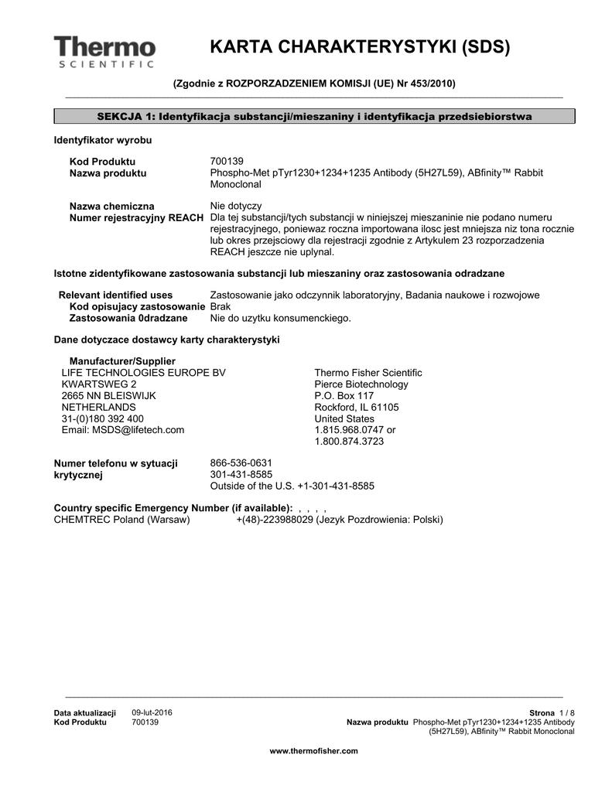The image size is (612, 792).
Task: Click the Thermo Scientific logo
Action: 104,51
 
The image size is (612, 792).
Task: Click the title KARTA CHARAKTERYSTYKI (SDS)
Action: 360,47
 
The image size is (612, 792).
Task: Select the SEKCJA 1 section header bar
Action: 314,116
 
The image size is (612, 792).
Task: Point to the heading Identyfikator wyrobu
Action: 102,141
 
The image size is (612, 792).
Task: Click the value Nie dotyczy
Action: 236,207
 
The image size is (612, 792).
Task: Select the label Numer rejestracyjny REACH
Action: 137,218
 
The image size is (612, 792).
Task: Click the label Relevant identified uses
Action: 115,295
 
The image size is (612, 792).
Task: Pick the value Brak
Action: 221,307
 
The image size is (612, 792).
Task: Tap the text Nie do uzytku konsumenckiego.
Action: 281,319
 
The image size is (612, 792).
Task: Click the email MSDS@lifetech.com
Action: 123,430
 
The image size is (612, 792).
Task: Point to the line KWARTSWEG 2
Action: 99,384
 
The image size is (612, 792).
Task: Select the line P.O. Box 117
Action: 344,396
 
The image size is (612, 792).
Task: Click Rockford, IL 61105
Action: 356,408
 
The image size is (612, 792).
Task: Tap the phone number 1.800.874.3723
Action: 349,442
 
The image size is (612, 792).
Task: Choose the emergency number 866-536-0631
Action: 241,463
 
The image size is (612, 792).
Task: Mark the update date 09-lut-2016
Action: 152,712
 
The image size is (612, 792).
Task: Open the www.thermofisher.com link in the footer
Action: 313,751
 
